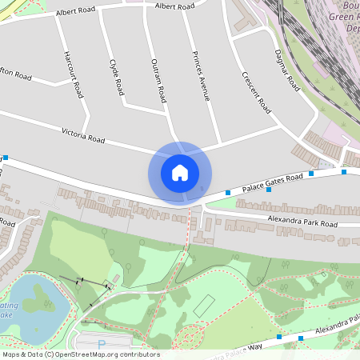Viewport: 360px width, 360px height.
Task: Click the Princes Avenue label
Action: tap(201, 77)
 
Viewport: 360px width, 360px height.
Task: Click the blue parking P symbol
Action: tap(101, 344)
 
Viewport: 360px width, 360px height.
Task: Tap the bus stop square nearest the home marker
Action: tap(228, 193)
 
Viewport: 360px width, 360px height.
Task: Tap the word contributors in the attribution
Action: tap(142, 354)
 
